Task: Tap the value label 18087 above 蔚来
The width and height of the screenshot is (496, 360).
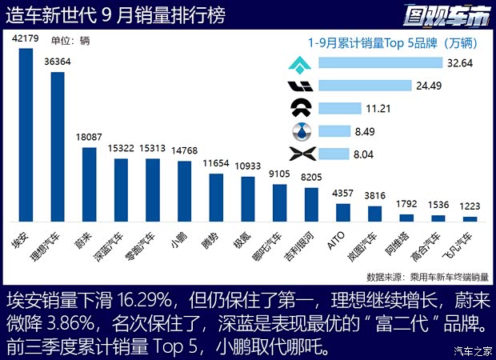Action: click(89, 138)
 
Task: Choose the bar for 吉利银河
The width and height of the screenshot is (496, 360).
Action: click(311, 204)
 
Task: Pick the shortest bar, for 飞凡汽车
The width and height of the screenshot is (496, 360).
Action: click(470, 218)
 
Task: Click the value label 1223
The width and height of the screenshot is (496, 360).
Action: click(470, 206)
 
